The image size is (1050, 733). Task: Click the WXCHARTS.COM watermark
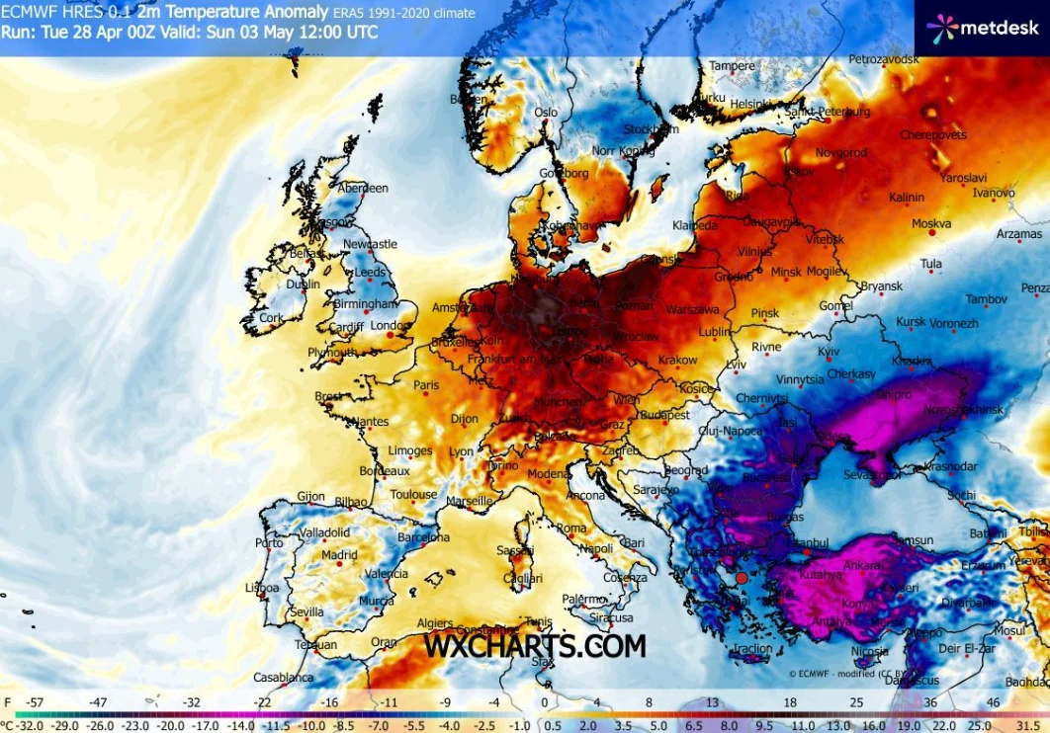click(535, 646)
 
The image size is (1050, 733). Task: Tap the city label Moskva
click(931, 224)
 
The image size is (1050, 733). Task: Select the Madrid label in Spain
click(339, 555)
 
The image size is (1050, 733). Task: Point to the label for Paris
click(426, 385)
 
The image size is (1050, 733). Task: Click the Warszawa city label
click(693, 309)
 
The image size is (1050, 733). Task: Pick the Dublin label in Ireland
click(303, 285)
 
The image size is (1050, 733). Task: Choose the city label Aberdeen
click(363, 188)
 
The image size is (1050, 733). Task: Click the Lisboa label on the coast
click(261, 588)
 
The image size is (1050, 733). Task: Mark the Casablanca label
click(283, 678)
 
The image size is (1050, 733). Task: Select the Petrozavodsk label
click(883, 60)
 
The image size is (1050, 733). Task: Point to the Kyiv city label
click(829, 352)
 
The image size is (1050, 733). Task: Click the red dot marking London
click(390, 336)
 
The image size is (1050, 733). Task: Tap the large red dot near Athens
click(742, 579)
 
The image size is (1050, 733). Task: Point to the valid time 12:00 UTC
click(338, 32)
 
